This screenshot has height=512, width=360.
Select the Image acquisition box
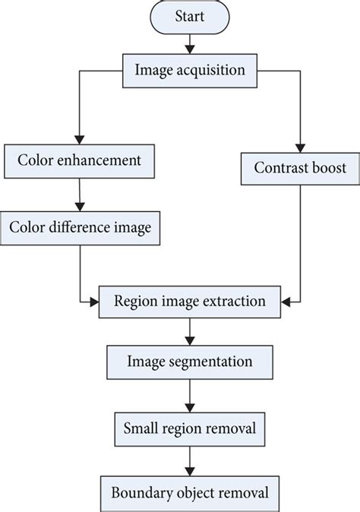pos(189,70)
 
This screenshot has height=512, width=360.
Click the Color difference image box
pos(81,226)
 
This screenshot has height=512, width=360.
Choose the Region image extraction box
pos(189,300)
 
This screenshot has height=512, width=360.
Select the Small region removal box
pos(189,429)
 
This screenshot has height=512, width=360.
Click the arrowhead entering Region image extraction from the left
pos(95,302)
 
